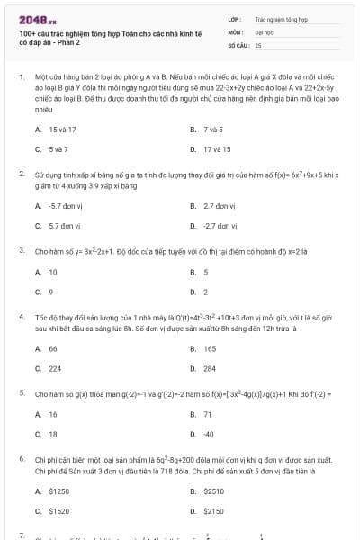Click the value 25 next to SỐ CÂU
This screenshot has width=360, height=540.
click(x=258, y=44)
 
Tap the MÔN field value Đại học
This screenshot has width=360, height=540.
click(x=262, y=31)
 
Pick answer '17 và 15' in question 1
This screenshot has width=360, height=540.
click(x=217, y=148)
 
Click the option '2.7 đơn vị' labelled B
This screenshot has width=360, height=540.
click(x=220, y=205)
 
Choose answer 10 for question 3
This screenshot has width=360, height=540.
click(x=53, y=272)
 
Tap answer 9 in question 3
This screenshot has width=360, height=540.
click(x=51, y=292)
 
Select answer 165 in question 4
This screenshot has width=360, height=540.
click(x=210, y=348)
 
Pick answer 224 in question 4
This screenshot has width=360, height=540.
click(x=55, y=368)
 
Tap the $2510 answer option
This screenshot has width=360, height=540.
click(x=213, y=490)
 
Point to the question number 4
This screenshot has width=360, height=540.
click(x=21, y=317)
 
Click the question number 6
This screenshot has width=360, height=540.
click(x=21, y=459)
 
